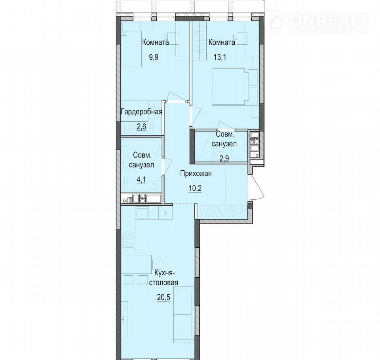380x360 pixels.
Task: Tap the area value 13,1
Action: click(220, 57)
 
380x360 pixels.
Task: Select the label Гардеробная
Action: click(142, 112)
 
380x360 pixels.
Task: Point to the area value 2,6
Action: click(141, 127)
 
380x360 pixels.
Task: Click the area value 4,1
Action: click(141, 180)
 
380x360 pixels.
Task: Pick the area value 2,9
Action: click(224, 159)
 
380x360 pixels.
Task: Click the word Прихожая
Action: click(196, 174)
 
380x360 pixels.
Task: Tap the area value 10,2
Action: click(196, 188)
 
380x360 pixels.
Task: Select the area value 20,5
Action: click(163, 297)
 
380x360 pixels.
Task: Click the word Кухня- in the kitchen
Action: click(164, 273)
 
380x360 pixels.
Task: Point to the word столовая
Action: click(163, 282)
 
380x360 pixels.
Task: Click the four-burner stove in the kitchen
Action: click(128, 240)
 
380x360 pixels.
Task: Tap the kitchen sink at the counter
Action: click(142, 213)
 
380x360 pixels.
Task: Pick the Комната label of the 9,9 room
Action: click(156, 43)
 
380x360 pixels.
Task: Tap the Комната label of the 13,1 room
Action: click(222, 43)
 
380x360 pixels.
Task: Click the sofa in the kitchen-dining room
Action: click(184, 315)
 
